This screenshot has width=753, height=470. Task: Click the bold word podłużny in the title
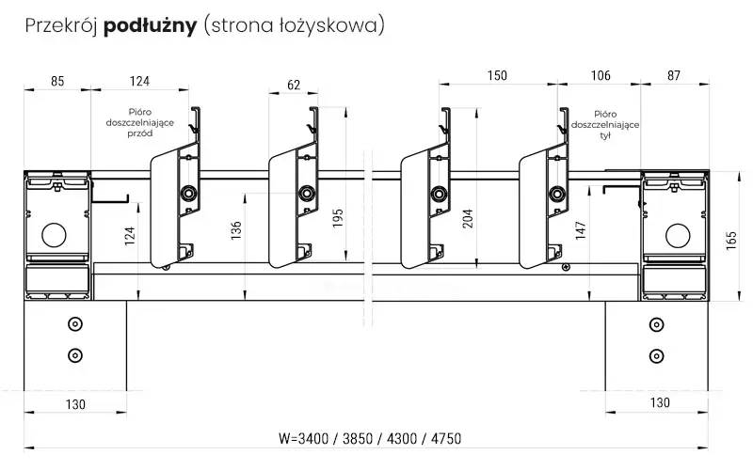click(x=151, y=26)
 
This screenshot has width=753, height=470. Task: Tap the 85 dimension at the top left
click(x=57, y=81)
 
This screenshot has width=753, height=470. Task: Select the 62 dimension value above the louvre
click(x=294, y=85)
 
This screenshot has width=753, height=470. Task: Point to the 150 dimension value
click(x=497, y=75)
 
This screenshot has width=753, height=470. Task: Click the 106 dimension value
click(x=601, y=75)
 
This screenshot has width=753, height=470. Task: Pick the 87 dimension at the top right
click(x=674, y=75)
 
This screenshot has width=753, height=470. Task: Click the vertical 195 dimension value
click(x=338, y=218)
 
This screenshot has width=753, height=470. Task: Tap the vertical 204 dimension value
click(x=468, y=218)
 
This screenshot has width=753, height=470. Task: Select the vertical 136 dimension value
click(x=236, y=230)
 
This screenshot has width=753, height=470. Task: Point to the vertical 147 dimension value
click(x=581, y=230)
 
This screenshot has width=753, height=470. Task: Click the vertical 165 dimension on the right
click(x=731, y=241)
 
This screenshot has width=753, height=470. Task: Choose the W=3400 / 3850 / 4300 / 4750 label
click(x=370, y=438)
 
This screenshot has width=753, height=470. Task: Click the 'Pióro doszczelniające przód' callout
click(x=140, y=123)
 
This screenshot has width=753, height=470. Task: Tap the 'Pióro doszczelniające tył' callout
click(x=605, y=125)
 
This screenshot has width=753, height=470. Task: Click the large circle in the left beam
click(x=54, y=235)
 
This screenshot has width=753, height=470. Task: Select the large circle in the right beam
click(x=678, y=235)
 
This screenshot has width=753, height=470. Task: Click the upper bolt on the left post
click(x=75, y=324)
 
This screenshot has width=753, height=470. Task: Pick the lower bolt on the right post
click(x=656, y=356)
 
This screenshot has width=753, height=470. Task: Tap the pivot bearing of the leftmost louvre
click(x=187, y=194)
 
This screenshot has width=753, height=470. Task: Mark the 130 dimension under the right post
click(x=660, y=402)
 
